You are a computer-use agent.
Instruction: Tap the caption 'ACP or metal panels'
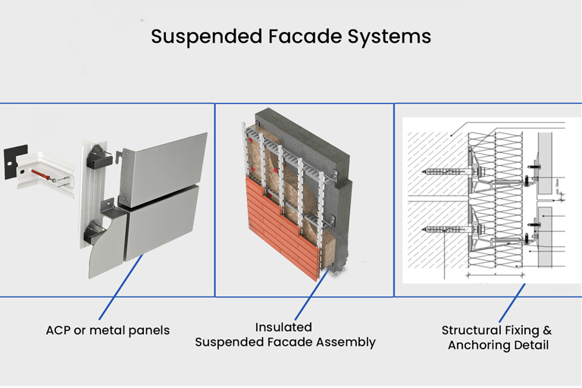point(108,330)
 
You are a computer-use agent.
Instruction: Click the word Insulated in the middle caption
point(283,327)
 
